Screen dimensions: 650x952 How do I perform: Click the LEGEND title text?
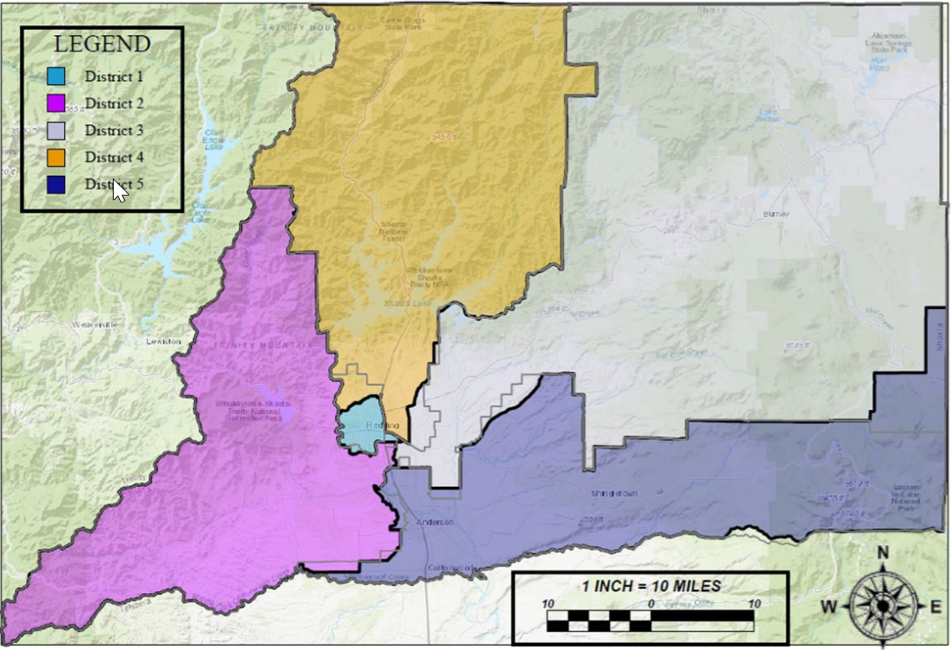102,43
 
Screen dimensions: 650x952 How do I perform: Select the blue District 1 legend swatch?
56,77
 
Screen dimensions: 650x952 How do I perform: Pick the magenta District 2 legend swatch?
56,103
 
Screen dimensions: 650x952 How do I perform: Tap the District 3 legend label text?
114,130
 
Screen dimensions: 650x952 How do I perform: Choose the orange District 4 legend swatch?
56,157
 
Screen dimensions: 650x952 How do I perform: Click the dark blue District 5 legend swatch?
56,184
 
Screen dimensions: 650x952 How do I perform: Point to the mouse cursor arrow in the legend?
119,190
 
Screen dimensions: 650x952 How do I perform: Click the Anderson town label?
434,522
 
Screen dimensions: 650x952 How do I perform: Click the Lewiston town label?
163,342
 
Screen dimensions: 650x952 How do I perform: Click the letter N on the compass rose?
883,553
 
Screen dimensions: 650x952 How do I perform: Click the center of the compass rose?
883,606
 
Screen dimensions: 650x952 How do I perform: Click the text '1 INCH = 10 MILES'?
651,585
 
